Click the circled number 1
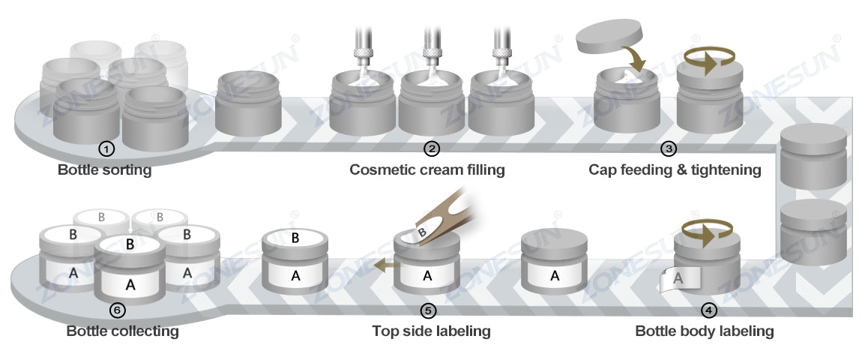point(107,148)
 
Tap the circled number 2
point(431,148)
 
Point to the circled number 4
point(708,309)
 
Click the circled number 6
point(118,309)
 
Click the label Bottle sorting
point(104,170)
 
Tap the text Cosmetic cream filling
point(427,170)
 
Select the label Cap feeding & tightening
point(675,170)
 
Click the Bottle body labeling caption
point(704,331)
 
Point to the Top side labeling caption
point(431,331)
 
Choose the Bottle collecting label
point(122,331)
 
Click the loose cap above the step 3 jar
point(611,37)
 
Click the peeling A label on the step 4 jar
point(678,279)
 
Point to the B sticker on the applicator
point(421,232)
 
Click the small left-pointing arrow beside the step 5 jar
point(385,264)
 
